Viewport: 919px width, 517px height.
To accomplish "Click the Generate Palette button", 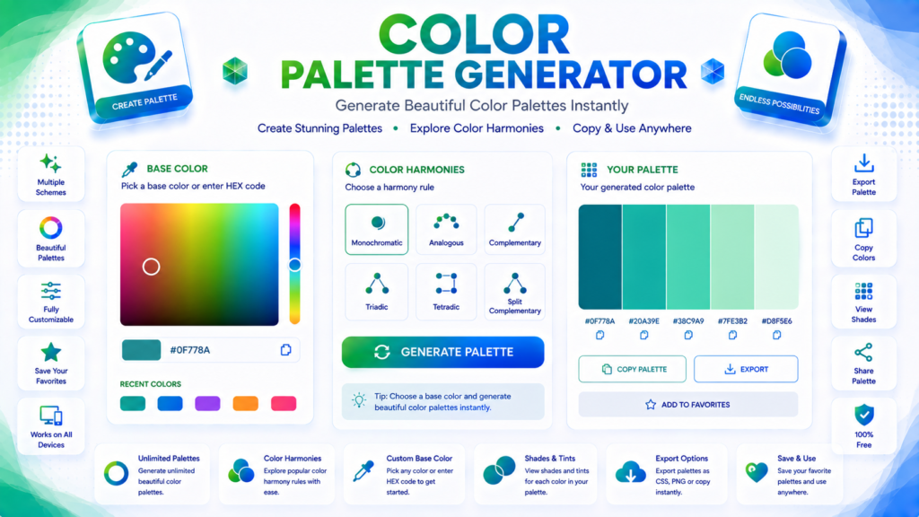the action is tap(442, 352).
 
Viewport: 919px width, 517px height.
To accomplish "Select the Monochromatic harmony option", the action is tap(376, 229).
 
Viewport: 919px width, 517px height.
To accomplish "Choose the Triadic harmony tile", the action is tap(376, 292).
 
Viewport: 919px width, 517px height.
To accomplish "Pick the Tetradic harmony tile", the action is tap(446, 292).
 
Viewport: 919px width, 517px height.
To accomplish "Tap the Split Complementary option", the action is tap(514, 292).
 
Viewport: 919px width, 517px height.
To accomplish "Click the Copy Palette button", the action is tap(632, 369).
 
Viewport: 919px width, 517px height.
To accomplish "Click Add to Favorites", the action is tap(688, 405).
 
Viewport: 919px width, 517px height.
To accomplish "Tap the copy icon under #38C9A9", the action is tap(688, 336).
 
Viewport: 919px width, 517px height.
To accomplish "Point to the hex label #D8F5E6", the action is tap(776, 321).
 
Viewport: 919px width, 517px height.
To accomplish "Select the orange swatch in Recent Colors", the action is tap(246, 403).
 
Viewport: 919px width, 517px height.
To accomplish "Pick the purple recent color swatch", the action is tap(207, 403).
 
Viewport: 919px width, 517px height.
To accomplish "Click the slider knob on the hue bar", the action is tap(294, 265).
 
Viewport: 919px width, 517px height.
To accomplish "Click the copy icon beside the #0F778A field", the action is tap(285, 350).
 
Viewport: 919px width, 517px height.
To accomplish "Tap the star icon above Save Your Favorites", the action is tap(51, 352).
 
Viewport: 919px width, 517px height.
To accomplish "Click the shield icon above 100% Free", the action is tap(864, 415).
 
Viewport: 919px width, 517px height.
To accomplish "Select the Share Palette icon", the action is tap(863, 352).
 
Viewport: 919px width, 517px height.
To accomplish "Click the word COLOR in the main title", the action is tap(474, 35).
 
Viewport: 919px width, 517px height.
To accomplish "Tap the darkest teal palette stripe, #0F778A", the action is tap(600, 257).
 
